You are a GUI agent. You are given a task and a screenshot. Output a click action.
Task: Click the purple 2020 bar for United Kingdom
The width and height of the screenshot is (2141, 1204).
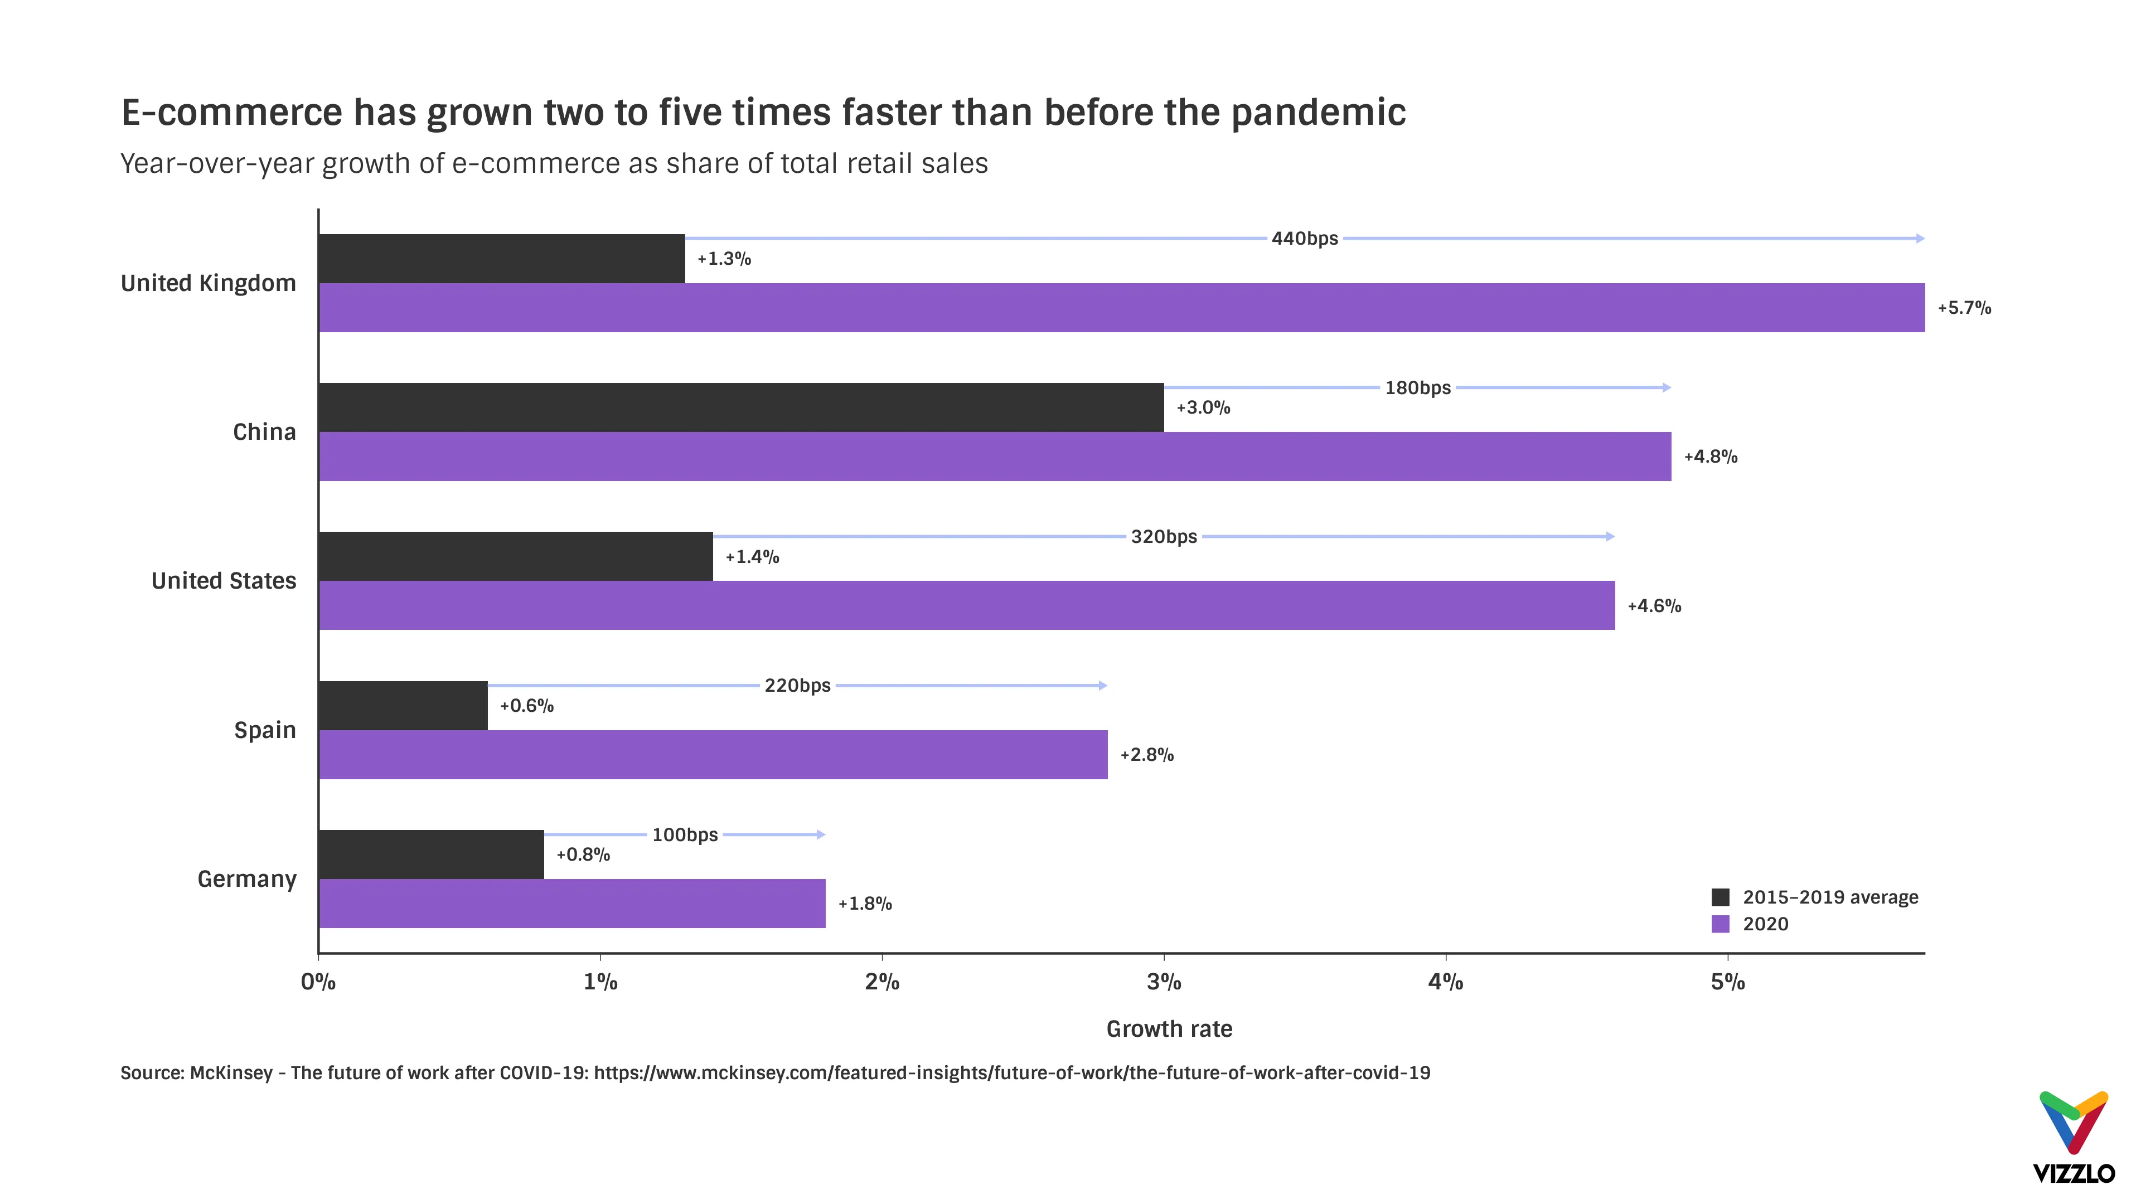(1121, 308)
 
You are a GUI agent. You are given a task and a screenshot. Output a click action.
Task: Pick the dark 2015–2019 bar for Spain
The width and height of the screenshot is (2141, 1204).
(403, 706)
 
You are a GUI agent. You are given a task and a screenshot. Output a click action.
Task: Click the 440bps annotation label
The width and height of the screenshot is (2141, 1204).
(1304, 239)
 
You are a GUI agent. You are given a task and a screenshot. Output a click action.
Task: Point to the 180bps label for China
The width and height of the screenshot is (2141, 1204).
(1417, 388)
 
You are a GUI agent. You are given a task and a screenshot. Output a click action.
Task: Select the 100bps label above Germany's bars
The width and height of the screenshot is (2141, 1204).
(684, 834)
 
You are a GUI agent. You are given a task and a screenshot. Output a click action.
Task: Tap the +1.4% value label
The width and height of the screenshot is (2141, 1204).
(752, 557)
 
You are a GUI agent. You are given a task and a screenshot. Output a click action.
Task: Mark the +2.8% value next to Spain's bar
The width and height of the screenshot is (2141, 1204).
(1146, 755)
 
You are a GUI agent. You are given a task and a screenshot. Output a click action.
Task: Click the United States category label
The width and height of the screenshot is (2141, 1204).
(224, 581)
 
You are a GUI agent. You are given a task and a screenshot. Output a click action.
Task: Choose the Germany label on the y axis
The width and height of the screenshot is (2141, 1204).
(247, 879)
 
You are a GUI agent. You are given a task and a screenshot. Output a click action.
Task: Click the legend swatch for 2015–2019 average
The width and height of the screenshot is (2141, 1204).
(1721, 897)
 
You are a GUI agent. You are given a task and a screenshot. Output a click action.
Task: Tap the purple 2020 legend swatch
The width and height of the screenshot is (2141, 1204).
(1721, 924)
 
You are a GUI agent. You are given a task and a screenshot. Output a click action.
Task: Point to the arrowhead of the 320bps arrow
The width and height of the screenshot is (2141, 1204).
(1611, 537)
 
